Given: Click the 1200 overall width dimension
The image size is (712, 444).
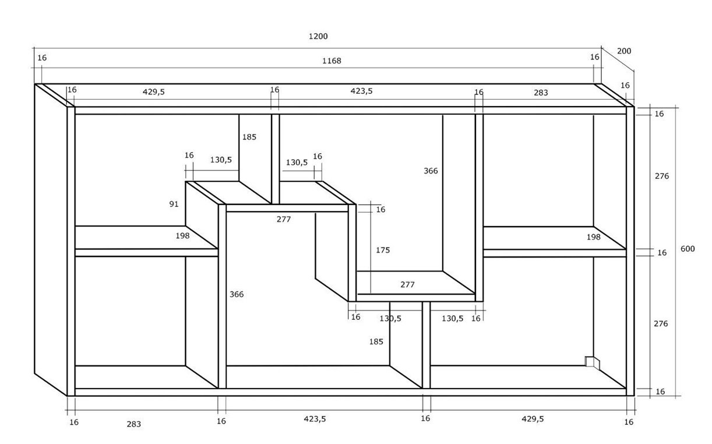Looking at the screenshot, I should tap(318, 36).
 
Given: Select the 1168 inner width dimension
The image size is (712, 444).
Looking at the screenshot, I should tap(332, 61).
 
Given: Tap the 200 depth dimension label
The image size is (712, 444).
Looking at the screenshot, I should tap(624, 51).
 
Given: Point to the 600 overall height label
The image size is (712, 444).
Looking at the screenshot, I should tap(688, 249).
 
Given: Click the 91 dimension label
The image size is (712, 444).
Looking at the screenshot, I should tap(174, 204).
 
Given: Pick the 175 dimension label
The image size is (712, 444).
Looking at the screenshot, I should tap(383, 250).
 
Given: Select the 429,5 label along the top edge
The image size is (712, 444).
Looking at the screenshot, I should tap(154, 91).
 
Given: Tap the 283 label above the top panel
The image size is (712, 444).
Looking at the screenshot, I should tap(541, 92).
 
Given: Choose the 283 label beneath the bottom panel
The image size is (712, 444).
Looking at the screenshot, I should tap(133, 424).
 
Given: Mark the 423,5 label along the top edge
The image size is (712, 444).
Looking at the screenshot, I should tap(361, 91).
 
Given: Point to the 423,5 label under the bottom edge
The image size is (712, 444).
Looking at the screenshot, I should tap(315, 418).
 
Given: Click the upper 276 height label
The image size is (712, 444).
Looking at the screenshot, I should tap(661, 176).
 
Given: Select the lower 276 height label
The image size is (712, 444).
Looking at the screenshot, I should tap(661, 323).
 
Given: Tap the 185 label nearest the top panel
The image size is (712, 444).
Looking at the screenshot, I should tap(249, 138).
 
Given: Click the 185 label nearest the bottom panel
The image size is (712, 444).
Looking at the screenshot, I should tap(376, 341).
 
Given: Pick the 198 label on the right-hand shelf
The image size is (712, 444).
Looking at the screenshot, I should tap(593, 237).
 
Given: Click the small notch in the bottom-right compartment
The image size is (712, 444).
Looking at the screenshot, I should tap(591, 362).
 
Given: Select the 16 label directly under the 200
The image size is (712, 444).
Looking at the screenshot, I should tap(625, 86).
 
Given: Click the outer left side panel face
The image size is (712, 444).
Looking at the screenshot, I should tap(51, 239).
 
